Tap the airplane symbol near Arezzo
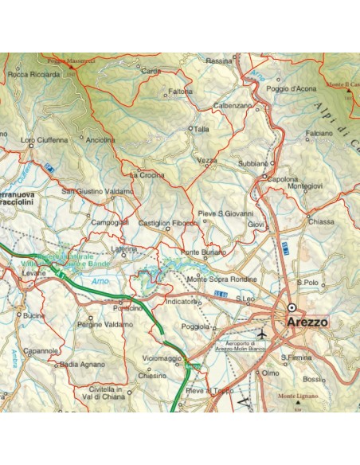click(x=265, y=332)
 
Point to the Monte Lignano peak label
click(x=297, y=396)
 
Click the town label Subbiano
click(x=252, y=163)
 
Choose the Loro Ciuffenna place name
click(x=45, y=140)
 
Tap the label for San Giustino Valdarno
click(x=97, y=191)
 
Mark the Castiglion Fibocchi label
click(x=168, y=223)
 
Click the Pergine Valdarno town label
click(x=105, y=325)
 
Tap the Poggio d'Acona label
click(x=295, y=88)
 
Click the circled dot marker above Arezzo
click(x=292, y=307)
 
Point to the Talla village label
click(x=201, y=128)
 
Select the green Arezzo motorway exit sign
click(x=192, y=366)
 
